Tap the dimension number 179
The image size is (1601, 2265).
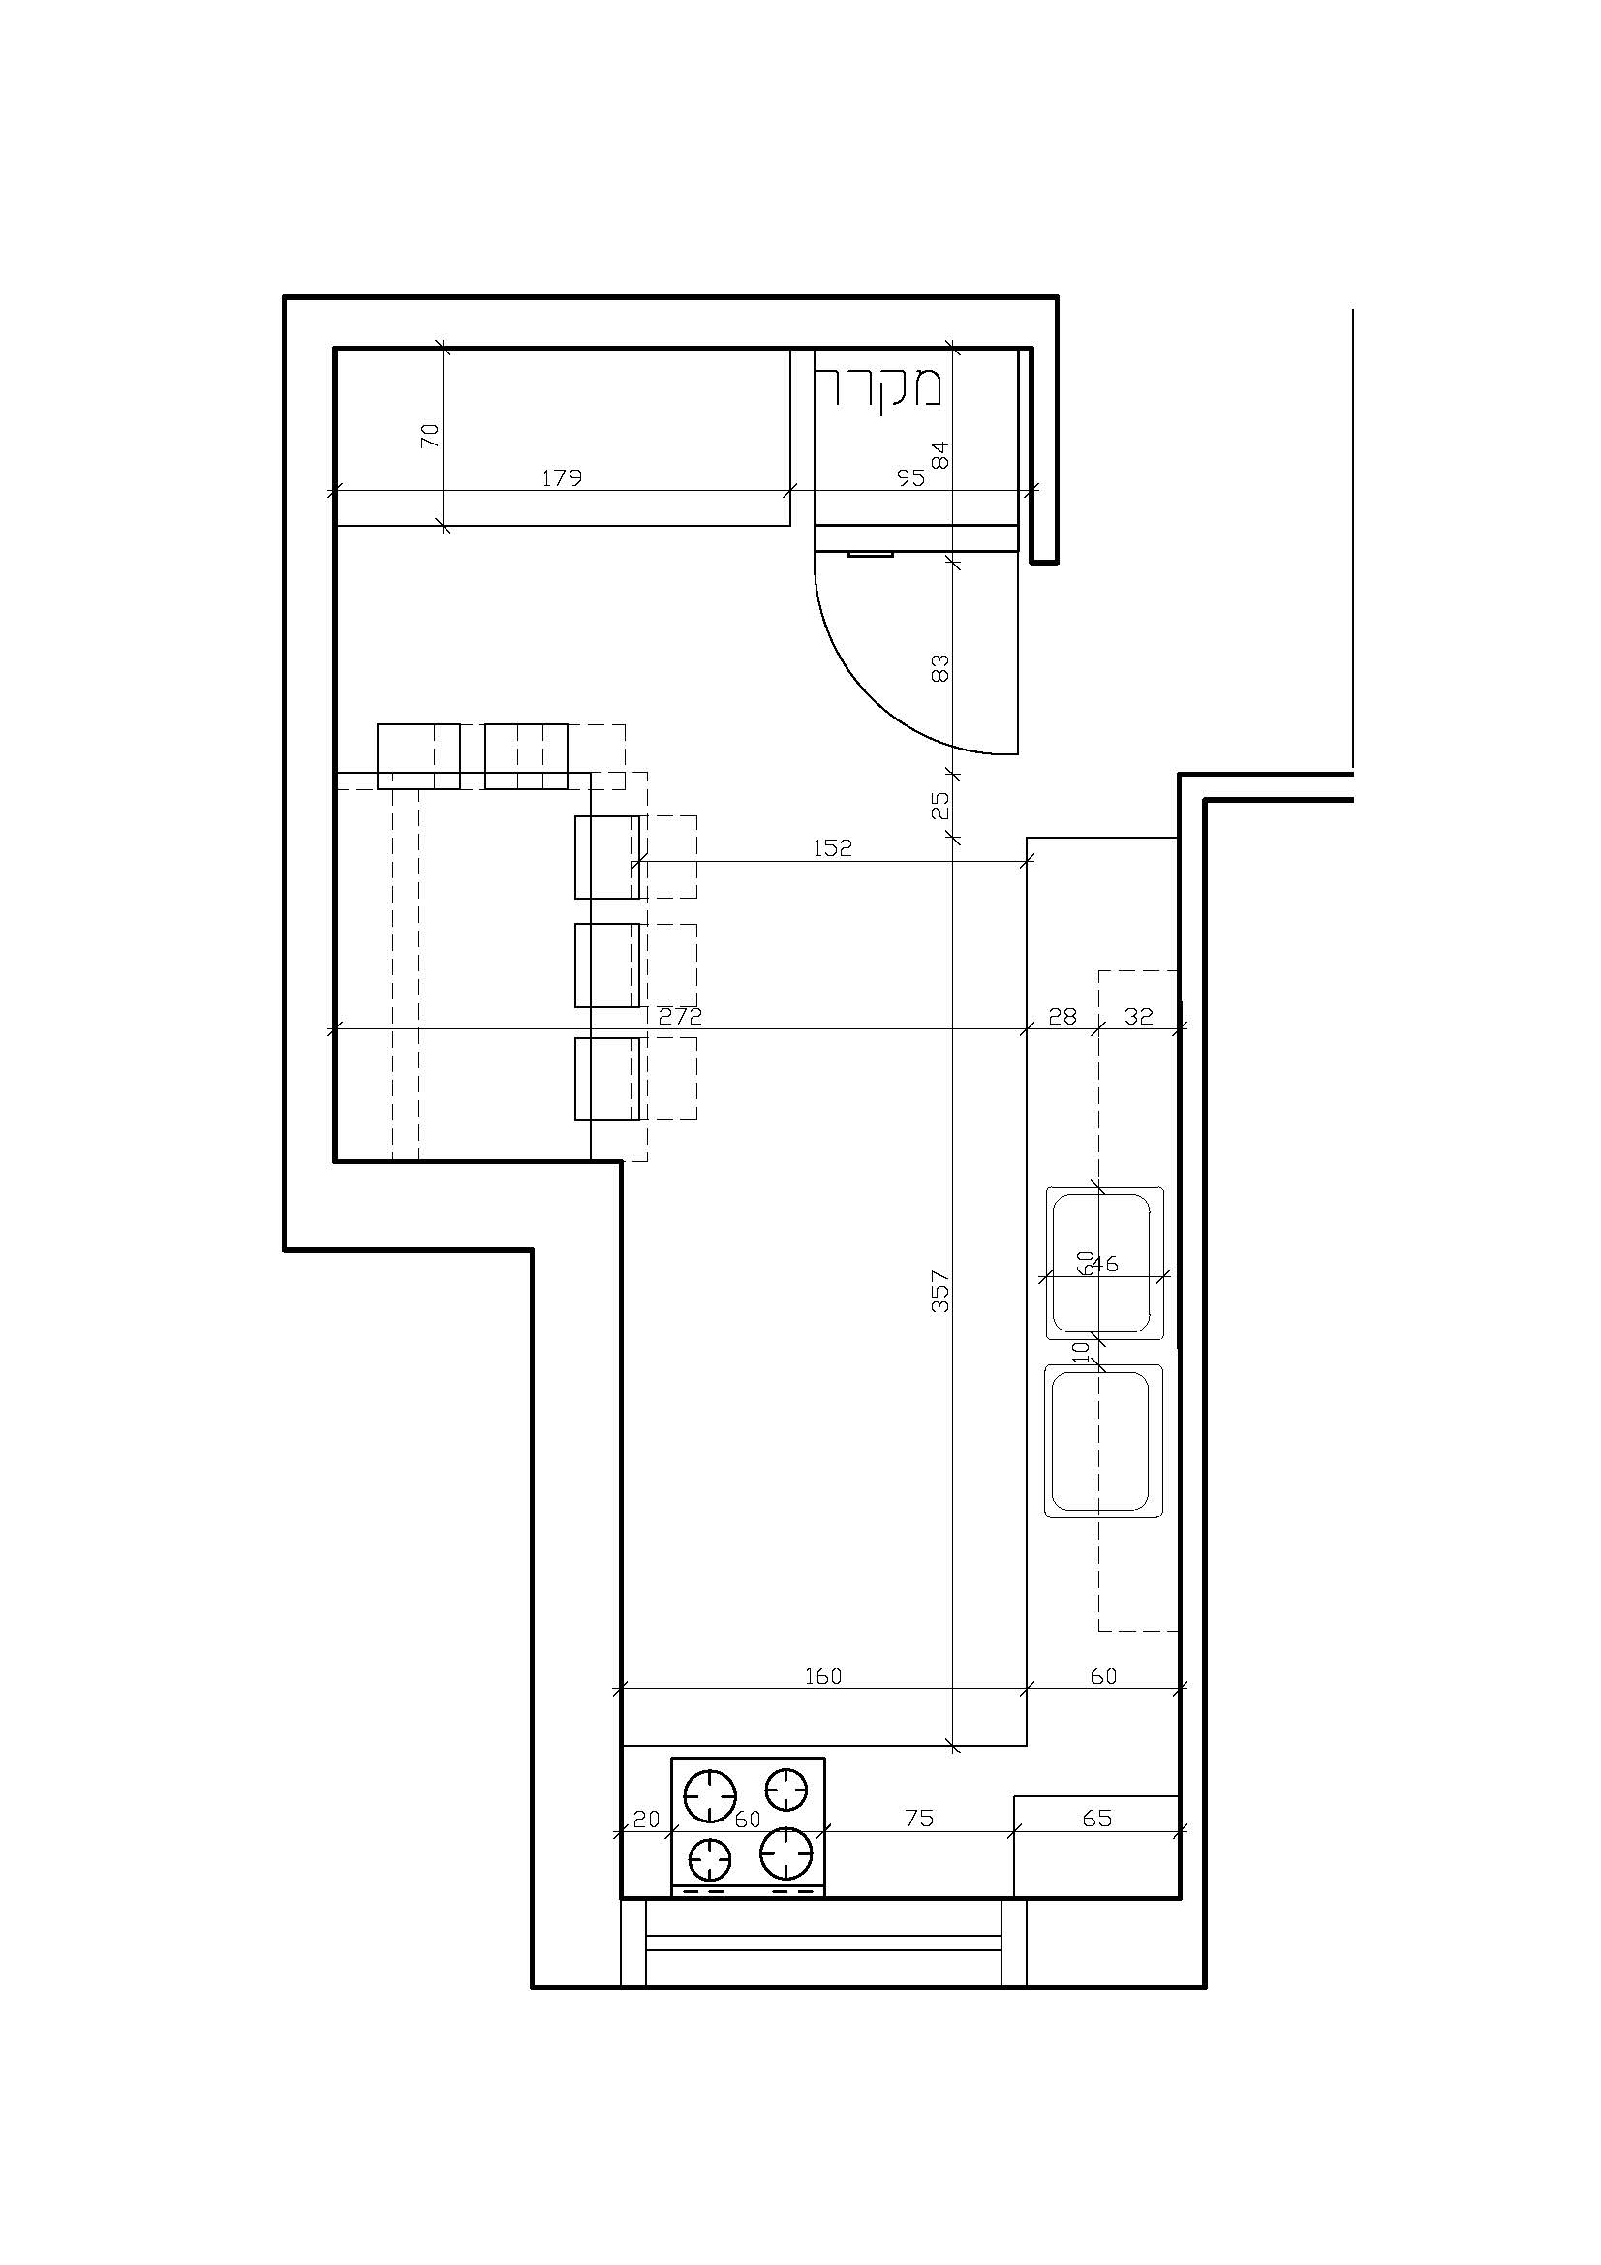tap(563, 478)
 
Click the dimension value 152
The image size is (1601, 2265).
tap(832, 847)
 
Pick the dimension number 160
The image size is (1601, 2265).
tap(822, 1676)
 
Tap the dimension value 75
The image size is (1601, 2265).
tap(918, 1819)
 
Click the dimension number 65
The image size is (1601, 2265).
tap(1097, 1819)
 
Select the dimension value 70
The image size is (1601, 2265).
tap(430, 435)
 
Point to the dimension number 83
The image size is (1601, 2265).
tap(940, 668)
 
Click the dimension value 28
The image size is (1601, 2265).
tap(1062, 1016)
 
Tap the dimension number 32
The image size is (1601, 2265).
tap(1138, 1016)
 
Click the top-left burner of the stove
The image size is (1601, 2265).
tap(710, 1797)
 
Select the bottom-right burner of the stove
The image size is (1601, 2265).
tap(786, 1853)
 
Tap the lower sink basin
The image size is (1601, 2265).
tap(1103, 1441)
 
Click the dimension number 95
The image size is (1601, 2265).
tap(910, 478)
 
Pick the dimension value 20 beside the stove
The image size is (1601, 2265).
tap(646, 1819)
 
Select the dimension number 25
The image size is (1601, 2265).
tap(940, 805)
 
